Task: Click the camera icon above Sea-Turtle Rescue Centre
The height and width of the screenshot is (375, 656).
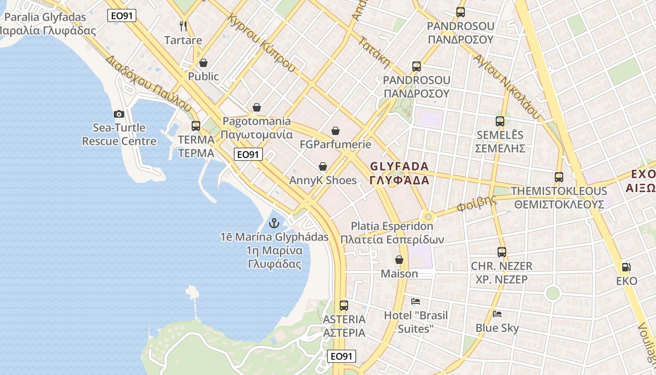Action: [x=119, y=114]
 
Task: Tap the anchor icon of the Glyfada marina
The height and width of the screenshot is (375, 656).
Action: [x=274, y=223]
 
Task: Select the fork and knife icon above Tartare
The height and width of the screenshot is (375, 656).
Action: [x=183, y=26]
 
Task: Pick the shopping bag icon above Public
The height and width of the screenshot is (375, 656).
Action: [x=203, y=62]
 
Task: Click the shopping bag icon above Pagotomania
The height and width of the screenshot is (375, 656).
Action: [x=256, y=107]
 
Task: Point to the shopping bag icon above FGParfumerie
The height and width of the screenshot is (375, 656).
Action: [x=335, y=131]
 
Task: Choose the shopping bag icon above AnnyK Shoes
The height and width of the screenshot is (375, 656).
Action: [x=323, y=166]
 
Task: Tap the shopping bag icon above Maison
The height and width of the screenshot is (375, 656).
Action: [x=399, y=260]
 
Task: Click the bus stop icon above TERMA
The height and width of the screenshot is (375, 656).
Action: [x=196, y=126]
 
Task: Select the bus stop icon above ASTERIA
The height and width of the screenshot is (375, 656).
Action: [x=344, y=306]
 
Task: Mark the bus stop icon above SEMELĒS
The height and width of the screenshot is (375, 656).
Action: [x=500, y=121]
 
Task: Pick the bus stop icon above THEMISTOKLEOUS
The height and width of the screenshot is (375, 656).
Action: [x=559, y=177]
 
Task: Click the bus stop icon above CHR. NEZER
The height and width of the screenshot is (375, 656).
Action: [x=502, y=252]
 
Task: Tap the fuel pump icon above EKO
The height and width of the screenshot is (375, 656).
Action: [x=626, y=267]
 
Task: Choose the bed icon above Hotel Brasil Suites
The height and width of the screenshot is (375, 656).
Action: [x=416, y=301]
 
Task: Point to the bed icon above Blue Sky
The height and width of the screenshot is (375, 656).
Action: [x=497, y=314]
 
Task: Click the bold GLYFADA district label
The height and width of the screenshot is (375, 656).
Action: [x=399, y=173]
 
